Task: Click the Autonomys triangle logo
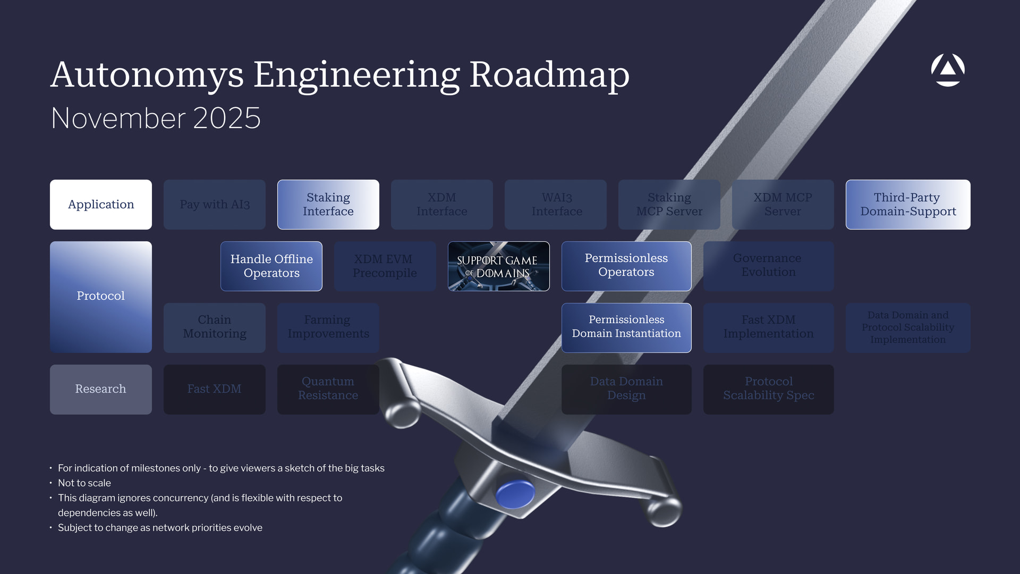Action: (948, 70)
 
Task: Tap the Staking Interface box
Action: (328, 205)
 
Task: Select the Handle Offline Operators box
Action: (271, 266)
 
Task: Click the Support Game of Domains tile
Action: (498, 266)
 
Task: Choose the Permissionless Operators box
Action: (626, 266)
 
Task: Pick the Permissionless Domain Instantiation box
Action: (626, 327)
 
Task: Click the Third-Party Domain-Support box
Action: (908, 205)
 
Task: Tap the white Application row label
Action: (101, 205)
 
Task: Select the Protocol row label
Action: (101, 297)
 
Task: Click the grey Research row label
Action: (101, 389)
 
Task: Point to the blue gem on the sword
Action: (515, 493)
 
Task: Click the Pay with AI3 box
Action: (215, 205)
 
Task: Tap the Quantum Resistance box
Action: (328, 389)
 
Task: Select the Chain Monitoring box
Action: (215, 327)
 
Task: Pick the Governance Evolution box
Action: (768, 266)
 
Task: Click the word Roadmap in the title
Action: (549, 75)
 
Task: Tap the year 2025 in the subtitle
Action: (227, 118)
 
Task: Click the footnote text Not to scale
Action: (84, 483)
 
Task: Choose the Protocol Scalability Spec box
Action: (768, 389)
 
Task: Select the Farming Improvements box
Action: (328, 327)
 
